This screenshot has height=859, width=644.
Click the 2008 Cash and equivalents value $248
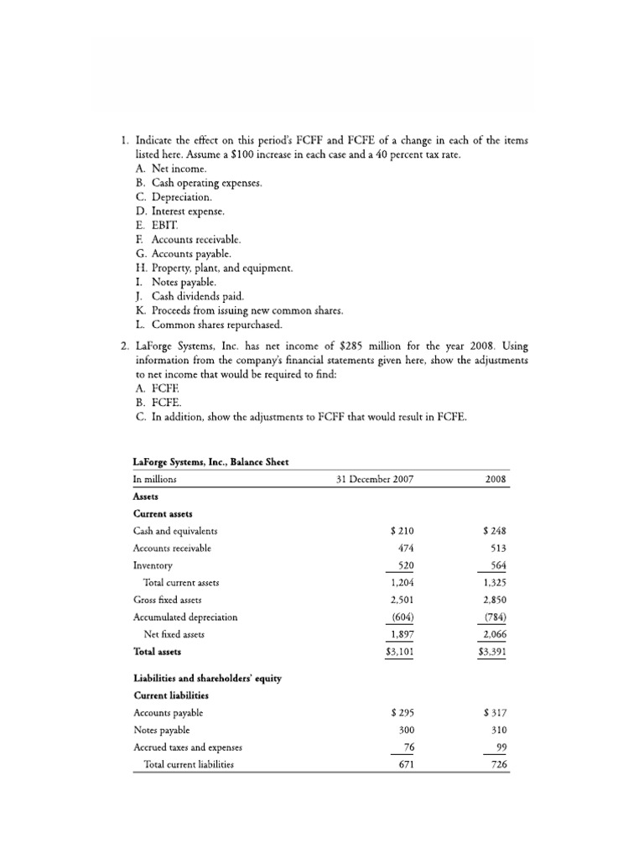(496, 531)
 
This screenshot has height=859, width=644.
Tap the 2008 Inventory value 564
(497, 565)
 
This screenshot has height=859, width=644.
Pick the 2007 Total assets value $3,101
(401, 651)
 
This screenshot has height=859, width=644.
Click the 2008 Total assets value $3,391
(492, 651)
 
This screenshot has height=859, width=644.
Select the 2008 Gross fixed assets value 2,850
(495, 600)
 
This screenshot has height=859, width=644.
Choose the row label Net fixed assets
(174, 634)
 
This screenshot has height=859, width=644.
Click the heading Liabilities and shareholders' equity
(207, 679)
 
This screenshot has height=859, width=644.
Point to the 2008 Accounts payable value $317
(496, 713)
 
